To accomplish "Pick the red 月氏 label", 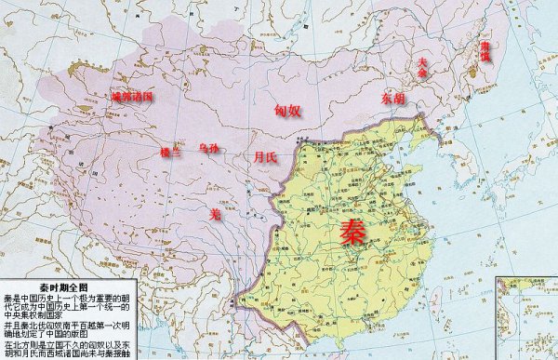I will coord(265,158).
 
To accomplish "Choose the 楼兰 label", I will coord(172,151).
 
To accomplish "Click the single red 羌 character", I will coord(215,214).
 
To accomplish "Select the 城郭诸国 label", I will coord(130,96).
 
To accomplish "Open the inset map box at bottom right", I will coord(525,316).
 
